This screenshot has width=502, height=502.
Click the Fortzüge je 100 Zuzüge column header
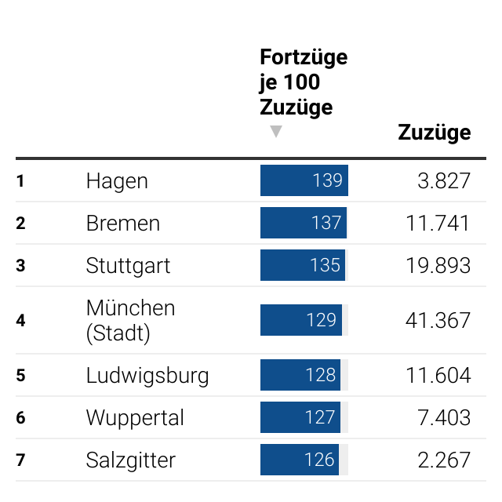tap(303, 82)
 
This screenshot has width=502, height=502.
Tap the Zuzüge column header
tap(434, 133)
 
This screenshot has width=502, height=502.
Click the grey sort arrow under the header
tap(275, 132)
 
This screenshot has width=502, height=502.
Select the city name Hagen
tap(117, 181)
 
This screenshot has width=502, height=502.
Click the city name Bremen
tap(123, 224)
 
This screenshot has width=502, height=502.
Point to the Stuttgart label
tap(128, 266)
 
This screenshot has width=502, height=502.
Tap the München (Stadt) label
tap(130, 320)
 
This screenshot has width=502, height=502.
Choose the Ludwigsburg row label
tap(147, 376)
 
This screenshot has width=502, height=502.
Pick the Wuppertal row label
tap(135, 418)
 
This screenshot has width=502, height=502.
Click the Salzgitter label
tap(131, 460)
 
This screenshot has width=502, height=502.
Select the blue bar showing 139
tap(304, 181)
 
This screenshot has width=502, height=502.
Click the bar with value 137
tap(303, 224)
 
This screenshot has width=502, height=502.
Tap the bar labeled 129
tap(300, 320)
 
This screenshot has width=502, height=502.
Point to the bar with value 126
tap(299, 460)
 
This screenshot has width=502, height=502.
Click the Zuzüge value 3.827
tap(444, 181)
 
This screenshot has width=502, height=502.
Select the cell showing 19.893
tap(438, 266)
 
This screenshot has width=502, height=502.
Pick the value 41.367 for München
tap(438, 320)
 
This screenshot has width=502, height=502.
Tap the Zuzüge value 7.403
tap(444, 418)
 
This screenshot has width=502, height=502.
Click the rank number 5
tap(20, 376)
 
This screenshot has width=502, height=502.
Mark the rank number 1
tap(20, 181)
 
